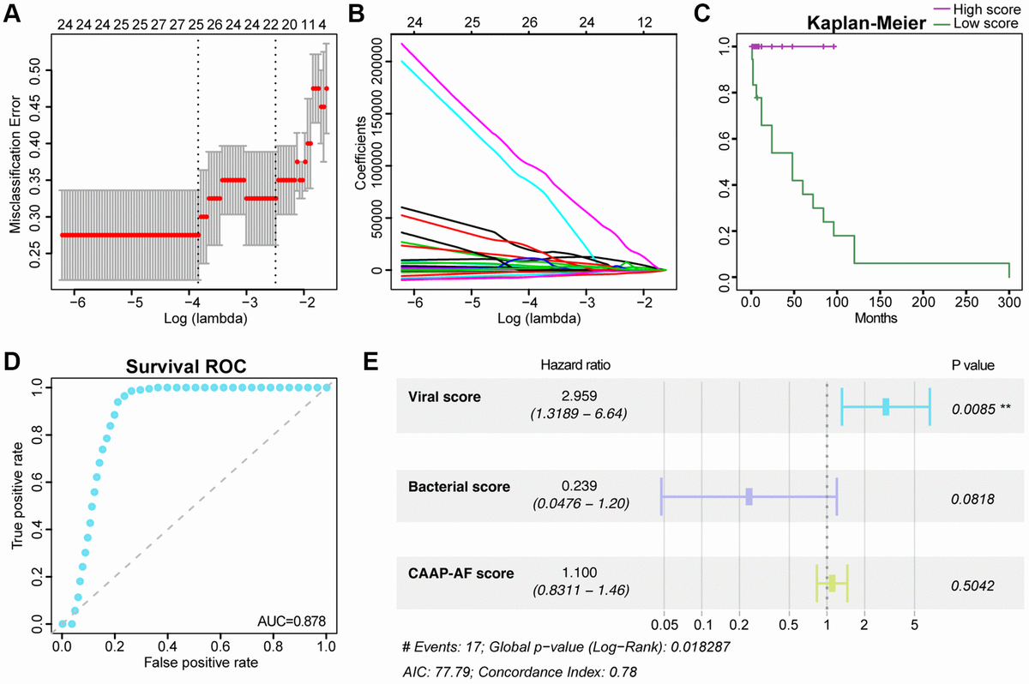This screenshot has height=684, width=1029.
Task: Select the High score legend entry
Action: pos(990,9)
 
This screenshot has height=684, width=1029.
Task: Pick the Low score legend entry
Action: pos(990,23)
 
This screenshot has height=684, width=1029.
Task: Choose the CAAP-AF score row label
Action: pos(457,573)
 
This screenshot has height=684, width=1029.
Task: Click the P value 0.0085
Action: pos(975,409)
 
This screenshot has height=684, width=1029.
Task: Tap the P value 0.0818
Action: pos(972,498)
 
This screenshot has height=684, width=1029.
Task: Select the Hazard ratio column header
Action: pos(575,365)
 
